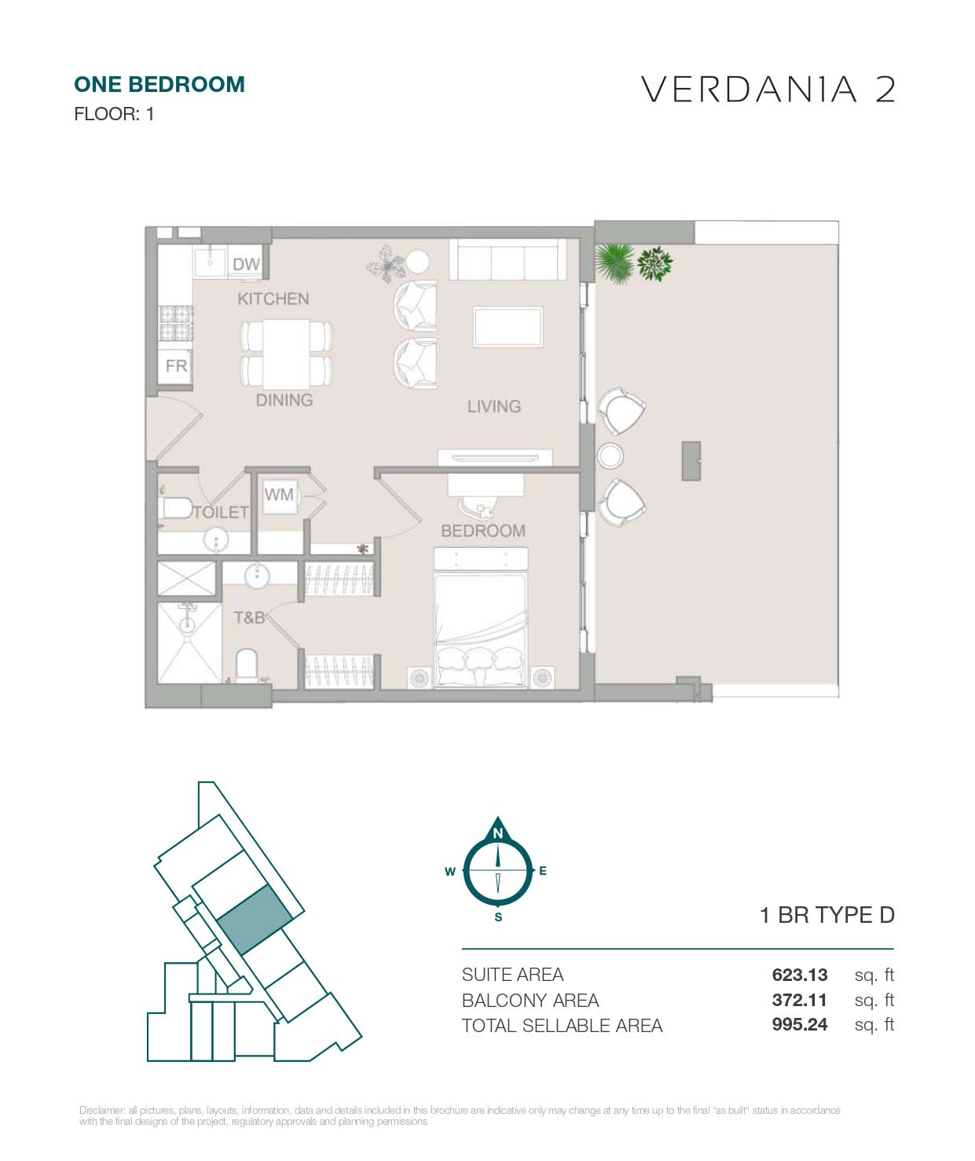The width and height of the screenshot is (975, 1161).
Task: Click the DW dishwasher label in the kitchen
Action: [x=246, y=264]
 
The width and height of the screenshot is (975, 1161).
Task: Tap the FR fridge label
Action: [x=176, y=366]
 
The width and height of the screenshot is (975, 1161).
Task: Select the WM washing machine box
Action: [x=279, y=495]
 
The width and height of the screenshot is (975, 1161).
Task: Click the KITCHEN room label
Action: [x=273, y=299]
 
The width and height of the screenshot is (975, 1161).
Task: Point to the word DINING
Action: [x=284, y=400]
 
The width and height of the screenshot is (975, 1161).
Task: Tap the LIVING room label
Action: [x=493, y=406]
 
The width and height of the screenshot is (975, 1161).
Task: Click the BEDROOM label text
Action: [x=482, y=531]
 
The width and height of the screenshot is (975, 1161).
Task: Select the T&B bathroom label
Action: [x=249, y=618]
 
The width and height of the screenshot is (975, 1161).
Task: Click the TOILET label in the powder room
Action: [x=221, y=512]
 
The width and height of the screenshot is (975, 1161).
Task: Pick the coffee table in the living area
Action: [x=507, y=326]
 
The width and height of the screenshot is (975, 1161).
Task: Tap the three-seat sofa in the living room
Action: [x=508, y=259]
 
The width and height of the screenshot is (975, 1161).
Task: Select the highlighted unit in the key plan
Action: [x=255, y=920]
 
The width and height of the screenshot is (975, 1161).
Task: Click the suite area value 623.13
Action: [x=799, y=975]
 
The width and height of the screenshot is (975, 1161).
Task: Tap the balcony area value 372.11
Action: [x=799, y=1000]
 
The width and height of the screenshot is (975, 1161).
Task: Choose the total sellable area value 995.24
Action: [x=799, y=1024]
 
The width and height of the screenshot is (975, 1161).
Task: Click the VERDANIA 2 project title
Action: [x=768, y=90]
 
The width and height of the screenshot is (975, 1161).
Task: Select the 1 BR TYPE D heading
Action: [x=827, y=915]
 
